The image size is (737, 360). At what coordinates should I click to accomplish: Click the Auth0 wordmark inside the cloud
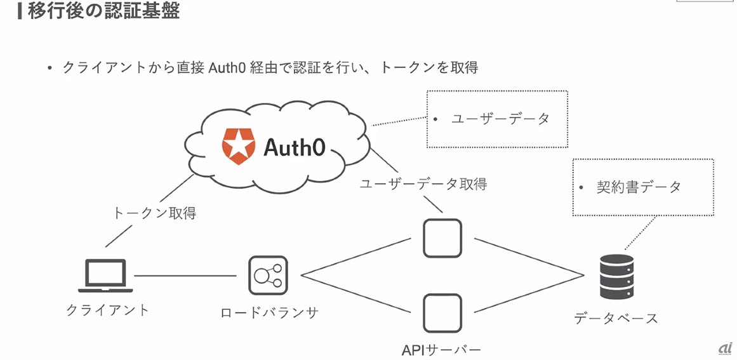[x=294, y=147]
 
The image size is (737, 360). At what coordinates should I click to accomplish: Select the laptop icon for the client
[x=105, y=276]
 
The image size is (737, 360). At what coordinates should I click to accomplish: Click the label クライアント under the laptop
[x=108, y=310]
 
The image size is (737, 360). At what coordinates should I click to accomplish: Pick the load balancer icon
[x=268, y=276]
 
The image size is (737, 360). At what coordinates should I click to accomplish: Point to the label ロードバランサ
[x=269, y=312]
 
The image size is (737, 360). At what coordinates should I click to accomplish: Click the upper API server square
[x=442, y=238]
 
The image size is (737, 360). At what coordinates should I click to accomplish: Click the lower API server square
[x=442, y=312]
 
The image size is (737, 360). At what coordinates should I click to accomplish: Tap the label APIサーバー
[x=442, y=349]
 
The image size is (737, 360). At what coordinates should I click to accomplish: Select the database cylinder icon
[x=616, y=277]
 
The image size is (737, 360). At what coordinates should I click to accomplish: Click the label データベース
[x=616, y=318]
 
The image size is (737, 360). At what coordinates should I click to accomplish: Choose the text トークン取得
[x=154, y=213]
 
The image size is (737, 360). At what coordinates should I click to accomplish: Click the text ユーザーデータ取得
[x=423, y=184]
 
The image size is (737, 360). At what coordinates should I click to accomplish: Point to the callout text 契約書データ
[x=638, y=187]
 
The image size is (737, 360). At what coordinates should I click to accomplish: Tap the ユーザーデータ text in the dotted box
[x=500, y=119]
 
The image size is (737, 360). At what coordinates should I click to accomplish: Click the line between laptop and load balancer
[x=184, y=276]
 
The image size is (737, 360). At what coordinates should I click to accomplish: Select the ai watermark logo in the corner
[x=725, y=347]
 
